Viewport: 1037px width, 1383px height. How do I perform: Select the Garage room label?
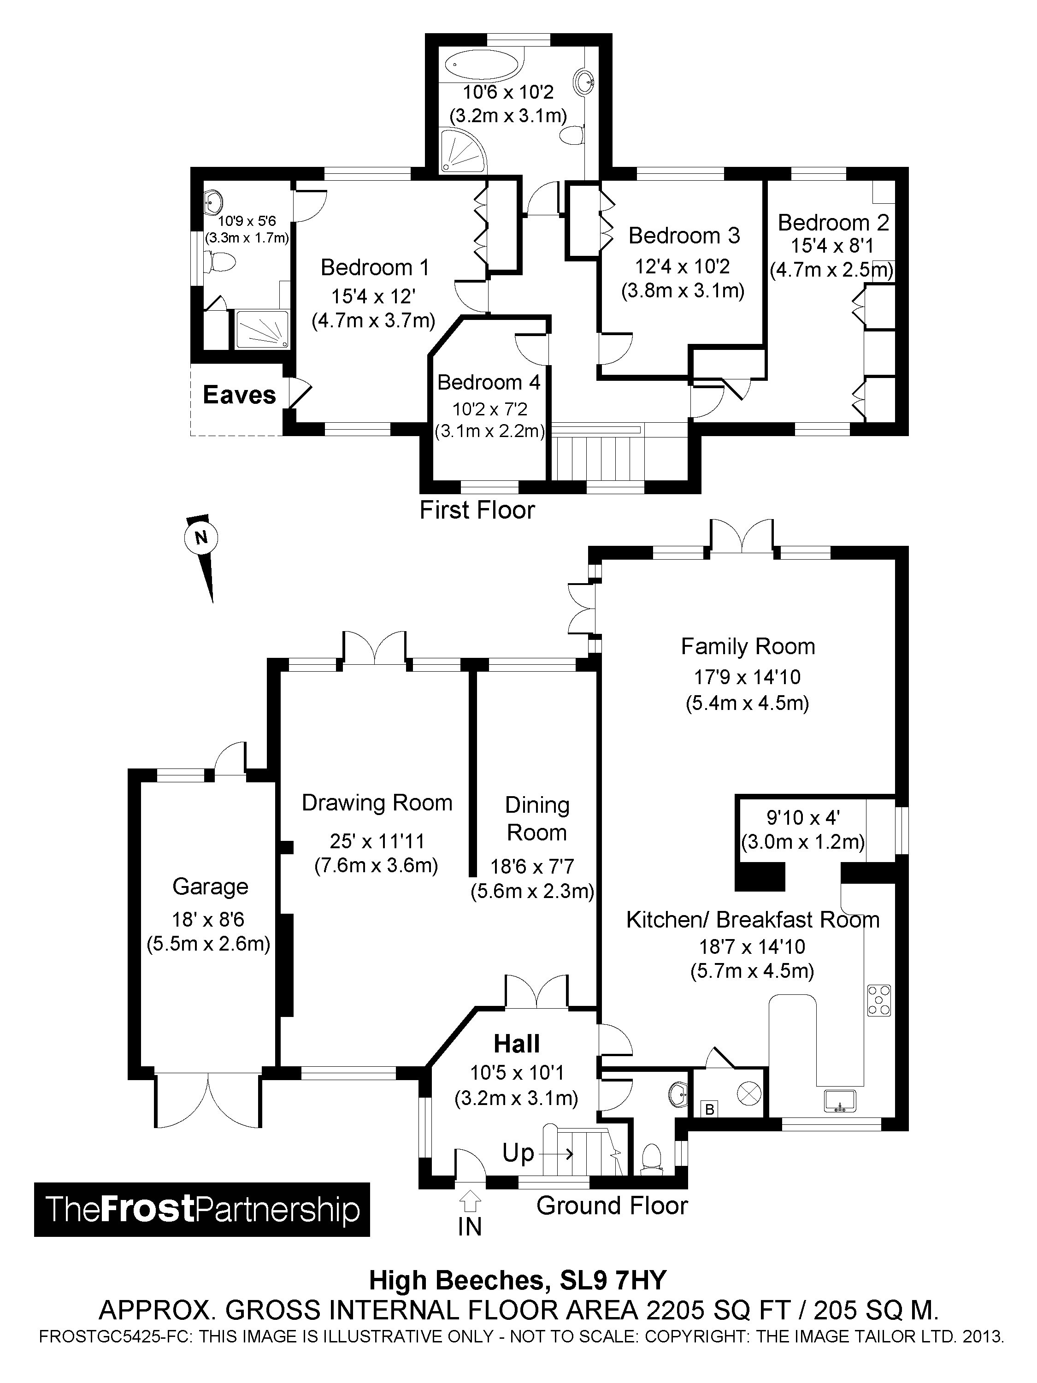click(x=210, y=887)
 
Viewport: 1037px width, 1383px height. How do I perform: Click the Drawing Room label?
click(x=377, y=803)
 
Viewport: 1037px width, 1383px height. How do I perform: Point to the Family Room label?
click(x=748, y=646)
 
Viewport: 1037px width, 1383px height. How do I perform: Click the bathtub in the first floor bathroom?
click(x=483, y=65)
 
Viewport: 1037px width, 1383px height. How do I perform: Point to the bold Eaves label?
click(x=239, y=395)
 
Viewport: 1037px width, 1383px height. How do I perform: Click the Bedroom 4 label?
click(x=488, y=382)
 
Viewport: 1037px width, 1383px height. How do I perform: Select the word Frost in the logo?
click(x=147, y=1209)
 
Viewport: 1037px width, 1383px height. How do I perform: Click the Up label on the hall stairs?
click(x=518, y=1153)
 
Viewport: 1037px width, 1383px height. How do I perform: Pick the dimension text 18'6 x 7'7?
click(x=532, y=867)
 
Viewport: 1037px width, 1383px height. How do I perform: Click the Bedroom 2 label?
click(x=833, y=223)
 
